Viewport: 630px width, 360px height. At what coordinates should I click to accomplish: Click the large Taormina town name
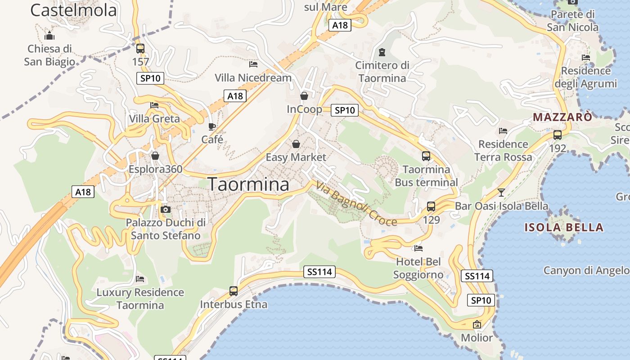coord(248,184)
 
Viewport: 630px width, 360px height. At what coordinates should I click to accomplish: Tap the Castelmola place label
coord(73,10)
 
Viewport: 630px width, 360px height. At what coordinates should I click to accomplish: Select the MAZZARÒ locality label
coord(562,117)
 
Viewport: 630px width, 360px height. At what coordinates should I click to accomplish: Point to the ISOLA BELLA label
coord(564,227)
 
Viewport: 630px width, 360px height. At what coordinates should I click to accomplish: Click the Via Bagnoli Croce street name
coord(356,203)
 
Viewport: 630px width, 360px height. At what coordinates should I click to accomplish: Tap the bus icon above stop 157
coord(140,49)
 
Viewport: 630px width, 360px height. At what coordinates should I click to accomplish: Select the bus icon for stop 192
coord(557,135)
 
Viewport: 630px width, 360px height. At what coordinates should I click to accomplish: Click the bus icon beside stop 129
coord(431,207)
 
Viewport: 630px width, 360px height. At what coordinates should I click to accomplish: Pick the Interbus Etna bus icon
coord(233,291)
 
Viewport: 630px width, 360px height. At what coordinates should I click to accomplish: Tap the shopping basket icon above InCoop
coord(304,96)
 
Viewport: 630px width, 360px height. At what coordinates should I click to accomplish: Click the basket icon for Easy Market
coord(296,144)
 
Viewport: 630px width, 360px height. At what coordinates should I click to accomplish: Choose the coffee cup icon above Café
coord(212,126)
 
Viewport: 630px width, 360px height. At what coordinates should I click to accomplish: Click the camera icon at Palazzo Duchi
coord(166,209)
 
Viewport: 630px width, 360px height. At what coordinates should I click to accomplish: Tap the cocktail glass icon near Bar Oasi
coord(501,193)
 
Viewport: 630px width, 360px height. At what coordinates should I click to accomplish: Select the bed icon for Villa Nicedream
coord(253,64)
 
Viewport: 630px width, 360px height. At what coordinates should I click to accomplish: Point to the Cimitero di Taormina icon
coord(382,52)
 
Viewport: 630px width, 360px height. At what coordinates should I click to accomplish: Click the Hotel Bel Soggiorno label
coord(418,268)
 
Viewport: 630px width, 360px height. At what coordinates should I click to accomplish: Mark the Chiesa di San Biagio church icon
coord(49,36)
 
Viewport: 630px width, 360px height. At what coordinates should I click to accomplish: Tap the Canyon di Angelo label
coord(586,270)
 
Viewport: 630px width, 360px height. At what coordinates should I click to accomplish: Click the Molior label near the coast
coord(477,337)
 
